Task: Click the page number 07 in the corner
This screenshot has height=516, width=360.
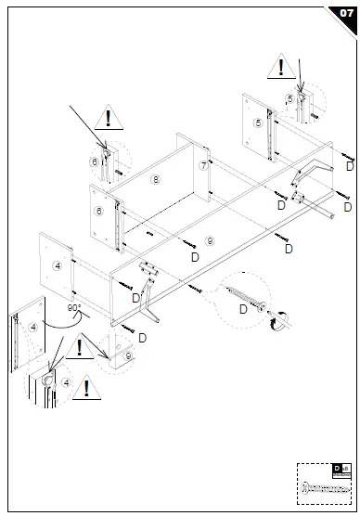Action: pos(344,13)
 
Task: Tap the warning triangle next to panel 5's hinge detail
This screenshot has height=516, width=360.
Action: pos(278,66)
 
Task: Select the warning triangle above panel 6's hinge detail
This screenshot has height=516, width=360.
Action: pos(109,118)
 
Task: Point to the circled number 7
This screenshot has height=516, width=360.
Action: pos(203,165)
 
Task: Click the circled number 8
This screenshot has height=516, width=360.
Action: pos(157,178)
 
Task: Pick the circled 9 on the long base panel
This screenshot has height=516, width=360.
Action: pos(209,240)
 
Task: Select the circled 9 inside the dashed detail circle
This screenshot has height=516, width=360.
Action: pos(128,356)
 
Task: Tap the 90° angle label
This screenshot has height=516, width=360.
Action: pos(74,307)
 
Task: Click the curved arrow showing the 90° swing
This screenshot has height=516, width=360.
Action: pos(58,320)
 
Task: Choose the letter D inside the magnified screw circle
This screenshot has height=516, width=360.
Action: pos(243,309)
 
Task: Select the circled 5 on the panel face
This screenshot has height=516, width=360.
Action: pos(257,122)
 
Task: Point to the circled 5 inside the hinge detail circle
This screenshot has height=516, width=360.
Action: pos(290,97)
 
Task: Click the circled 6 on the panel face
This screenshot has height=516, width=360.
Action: pos(99,211)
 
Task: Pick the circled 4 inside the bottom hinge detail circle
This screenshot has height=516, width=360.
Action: pos(65,381)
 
